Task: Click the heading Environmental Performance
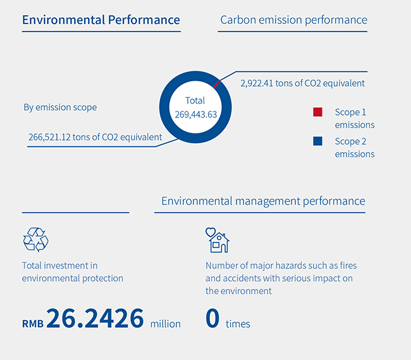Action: click(101, 20)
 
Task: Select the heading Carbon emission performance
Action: click(293, 20)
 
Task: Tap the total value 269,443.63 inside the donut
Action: click(195, 114)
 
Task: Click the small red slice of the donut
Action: click(217, 83)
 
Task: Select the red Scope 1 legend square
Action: click(317, 112)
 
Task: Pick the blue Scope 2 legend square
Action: click(317, 141)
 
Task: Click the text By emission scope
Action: click(60, 107)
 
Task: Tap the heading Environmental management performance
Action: click(263, 201)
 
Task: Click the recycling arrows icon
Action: click(35, 240)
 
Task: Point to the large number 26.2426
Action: click(95, 319)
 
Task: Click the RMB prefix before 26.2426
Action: click(32, 323)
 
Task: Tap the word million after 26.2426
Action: click(166, 323)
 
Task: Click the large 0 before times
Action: click(212, 319)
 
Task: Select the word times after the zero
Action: click(238, 324)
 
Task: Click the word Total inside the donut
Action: click(195, 100)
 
